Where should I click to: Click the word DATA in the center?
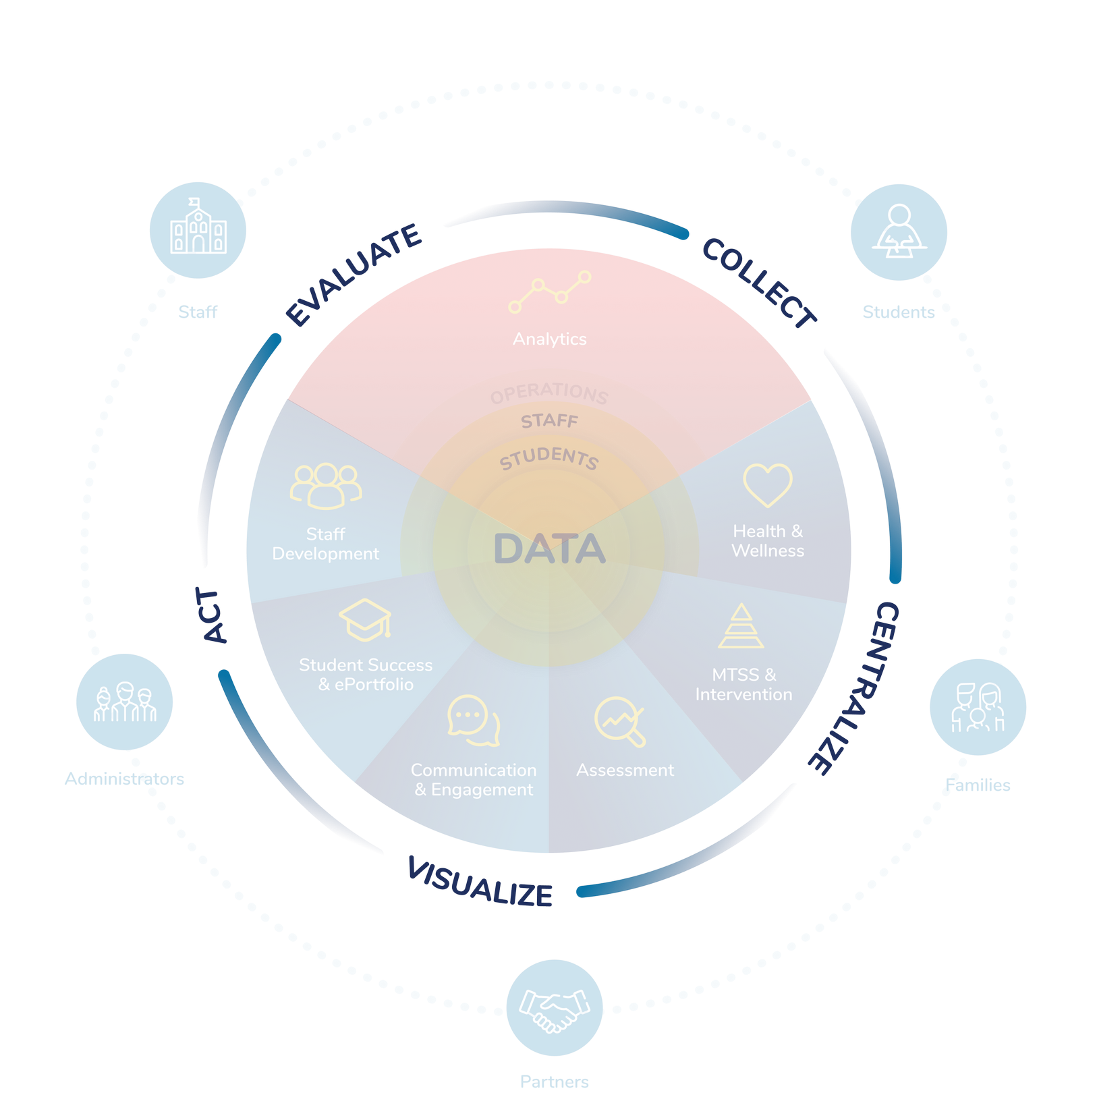point(549,548)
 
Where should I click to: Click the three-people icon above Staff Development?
point(326,485)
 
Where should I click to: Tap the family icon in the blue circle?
point(978,707)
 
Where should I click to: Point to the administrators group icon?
point(125,702)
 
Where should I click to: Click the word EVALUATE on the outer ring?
point(354,273)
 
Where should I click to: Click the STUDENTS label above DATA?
point(548,458)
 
